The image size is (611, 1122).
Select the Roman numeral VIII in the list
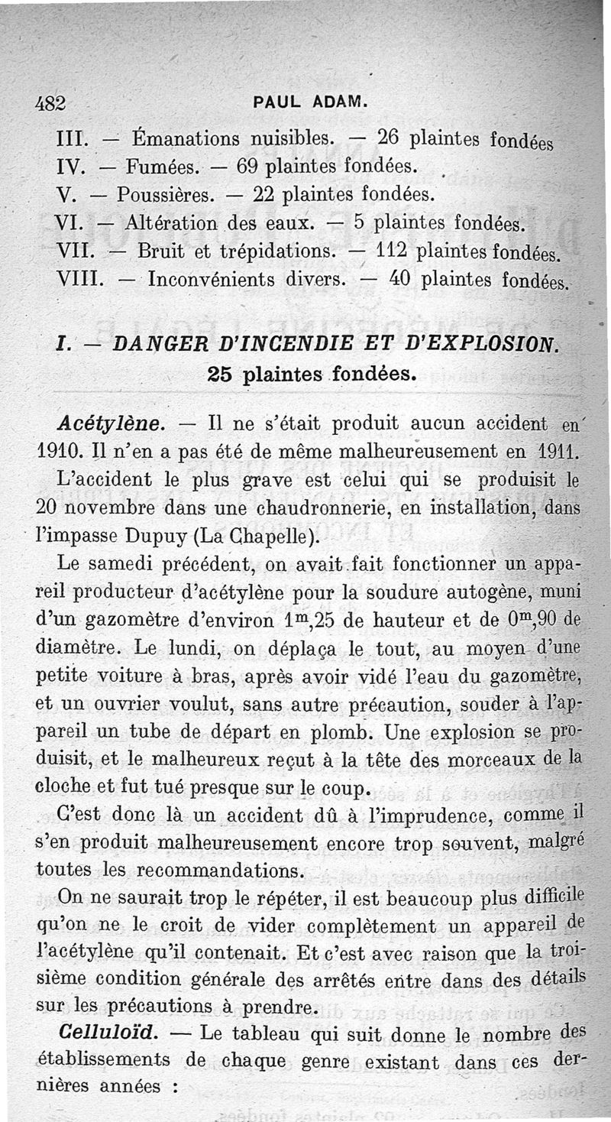79,278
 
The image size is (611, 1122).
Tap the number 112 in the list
395,250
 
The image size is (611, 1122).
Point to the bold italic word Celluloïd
108,1033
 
